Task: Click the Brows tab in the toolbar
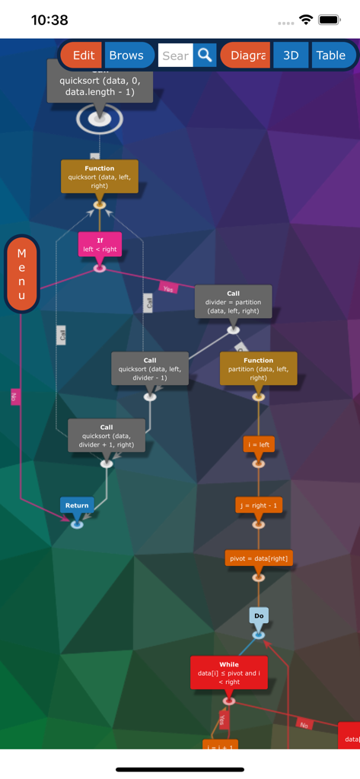tap(127, 56)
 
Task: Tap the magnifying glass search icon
tap(205, 56)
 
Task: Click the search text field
tap(175, 56)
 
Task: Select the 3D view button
tap(291, 56)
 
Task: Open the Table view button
tap(331, 56)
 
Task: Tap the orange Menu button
tap(21, 274)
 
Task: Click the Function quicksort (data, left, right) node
tap(100, 176)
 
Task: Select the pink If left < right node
tap(100, 244)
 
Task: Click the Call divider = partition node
tap(233, 301)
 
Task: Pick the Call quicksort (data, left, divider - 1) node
tap(150, 368)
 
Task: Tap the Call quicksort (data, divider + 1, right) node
tap(107, 435)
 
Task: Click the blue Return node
tap(77, 505)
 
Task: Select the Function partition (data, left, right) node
tap(258, 368)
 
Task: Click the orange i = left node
tap(259, 444)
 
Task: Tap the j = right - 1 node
tap(259, 505)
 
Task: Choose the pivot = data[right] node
tap(259, 558)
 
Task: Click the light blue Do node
tap(259, 615)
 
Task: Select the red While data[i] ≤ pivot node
tap(229, 672)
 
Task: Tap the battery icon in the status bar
tap(330, 20)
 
